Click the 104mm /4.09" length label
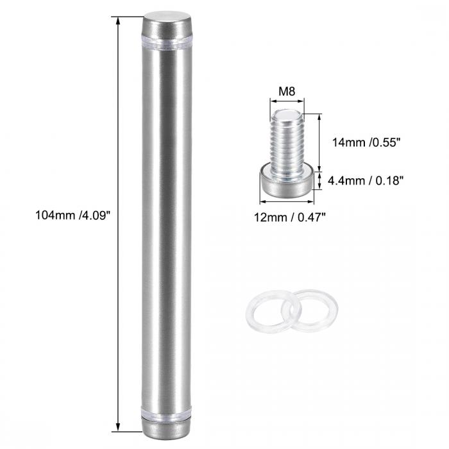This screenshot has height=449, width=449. pos(72,215)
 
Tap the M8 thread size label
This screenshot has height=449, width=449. pos(287,91)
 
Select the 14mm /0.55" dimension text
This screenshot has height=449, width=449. pos(366,142)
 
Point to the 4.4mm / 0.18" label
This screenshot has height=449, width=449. pos(366,181)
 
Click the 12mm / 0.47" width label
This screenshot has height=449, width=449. pos(290,217)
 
